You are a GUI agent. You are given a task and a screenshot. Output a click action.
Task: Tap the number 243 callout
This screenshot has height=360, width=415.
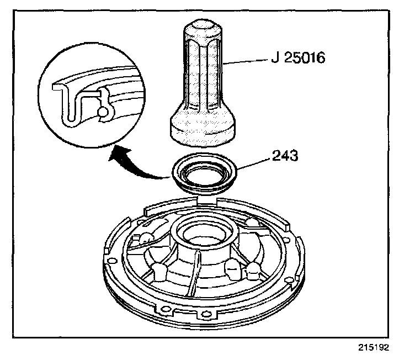coord(285,156)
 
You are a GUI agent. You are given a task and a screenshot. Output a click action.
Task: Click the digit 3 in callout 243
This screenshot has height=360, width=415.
coord(295,156)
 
